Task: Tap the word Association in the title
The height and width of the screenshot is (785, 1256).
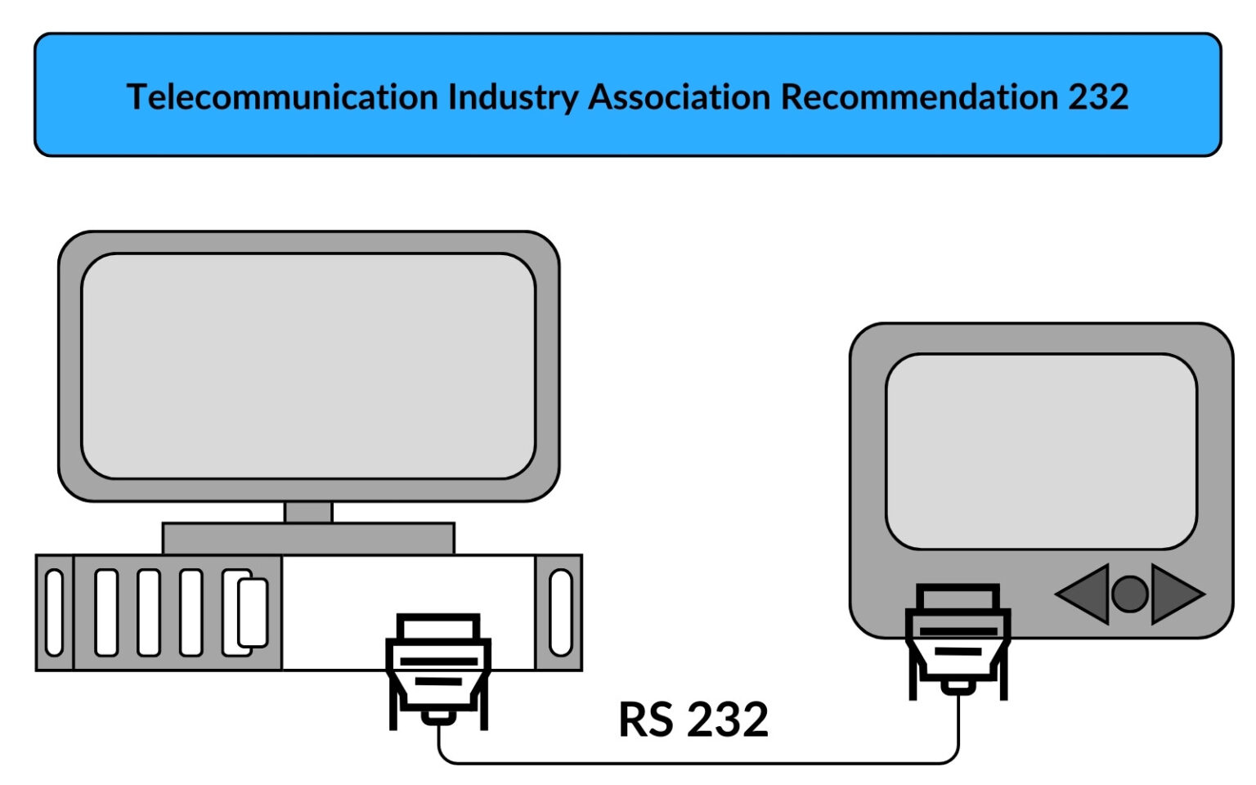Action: [x=680, y=97]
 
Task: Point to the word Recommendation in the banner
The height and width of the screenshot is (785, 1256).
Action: [x=919, y=97]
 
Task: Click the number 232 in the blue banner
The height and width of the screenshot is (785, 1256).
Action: [x=1098, y=97]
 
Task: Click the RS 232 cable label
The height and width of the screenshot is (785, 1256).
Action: [x=693, y=720]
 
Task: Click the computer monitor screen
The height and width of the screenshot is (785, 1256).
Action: [x=308, y=366]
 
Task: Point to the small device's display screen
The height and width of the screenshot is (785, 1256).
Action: [x=1041, y=451]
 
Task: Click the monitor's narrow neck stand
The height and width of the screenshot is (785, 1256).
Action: [x=308, y=512]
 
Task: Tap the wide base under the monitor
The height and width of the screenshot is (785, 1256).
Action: [x=308, y=539]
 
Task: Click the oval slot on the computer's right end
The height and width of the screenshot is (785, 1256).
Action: [x=561, y=613]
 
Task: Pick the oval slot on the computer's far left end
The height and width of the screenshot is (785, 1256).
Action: [x=54, y=613]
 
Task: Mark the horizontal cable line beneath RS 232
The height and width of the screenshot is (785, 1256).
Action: [x=695, y=763]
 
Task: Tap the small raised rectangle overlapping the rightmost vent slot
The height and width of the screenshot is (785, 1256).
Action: [x=253, y=612]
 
